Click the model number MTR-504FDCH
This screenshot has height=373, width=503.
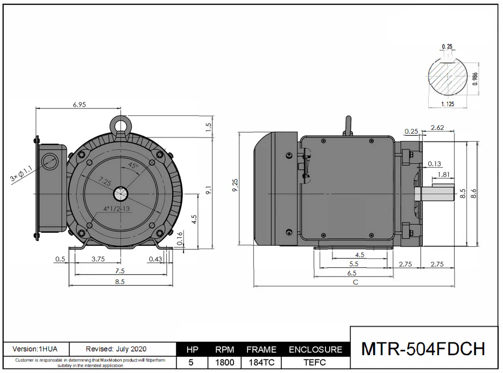pos(423,349)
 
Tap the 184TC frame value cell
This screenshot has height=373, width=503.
pos(261,362)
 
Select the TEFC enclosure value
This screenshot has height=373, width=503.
pos(315,362)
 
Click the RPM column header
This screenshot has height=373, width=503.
pos(224,349)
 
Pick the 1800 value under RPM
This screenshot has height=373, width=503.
pos(224,362)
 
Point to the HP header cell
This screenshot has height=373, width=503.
pos(192,349)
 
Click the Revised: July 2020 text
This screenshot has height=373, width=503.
pos(116,349)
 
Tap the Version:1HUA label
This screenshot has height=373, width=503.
pos(35,349)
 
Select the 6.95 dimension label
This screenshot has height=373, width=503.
pos(79,105)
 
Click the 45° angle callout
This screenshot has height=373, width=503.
pos(133,166)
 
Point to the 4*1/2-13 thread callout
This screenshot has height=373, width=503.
pos(116,209)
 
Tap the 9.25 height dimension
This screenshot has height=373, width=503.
pos(235,185)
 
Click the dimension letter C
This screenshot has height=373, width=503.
pos(356,282)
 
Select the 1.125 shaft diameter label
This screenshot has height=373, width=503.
pos(448,104)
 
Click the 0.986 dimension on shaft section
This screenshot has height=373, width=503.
pos(475,79)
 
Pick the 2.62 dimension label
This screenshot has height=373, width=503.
pos(437,128)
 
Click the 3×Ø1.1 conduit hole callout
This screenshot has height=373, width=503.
pos(21,174)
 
